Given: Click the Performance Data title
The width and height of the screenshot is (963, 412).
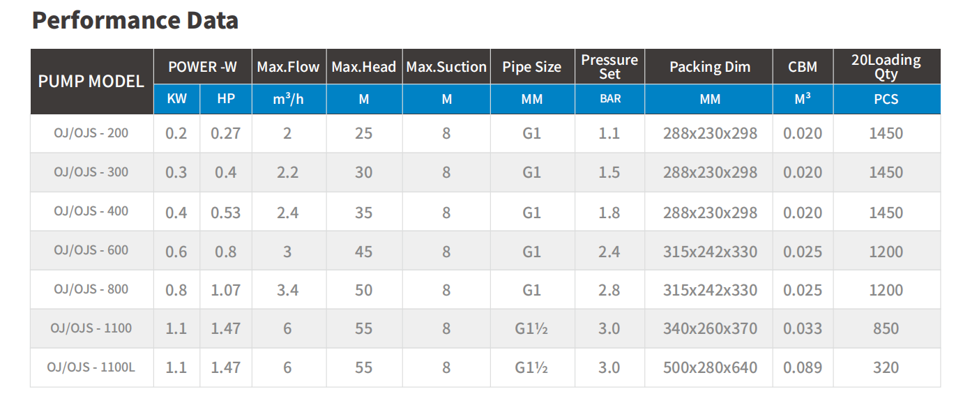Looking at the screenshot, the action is tap(135, 20).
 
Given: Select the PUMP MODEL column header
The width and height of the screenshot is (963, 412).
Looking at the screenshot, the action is tap(91, 81).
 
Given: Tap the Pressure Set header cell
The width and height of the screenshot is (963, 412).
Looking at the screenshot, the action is tap(609, 67).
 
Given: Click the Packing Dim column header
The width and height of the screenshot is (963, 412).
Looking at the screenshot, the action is tap(710, 67).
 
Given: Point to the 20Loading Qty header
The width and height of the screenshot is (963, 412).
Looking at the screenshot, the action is tap(886, 67).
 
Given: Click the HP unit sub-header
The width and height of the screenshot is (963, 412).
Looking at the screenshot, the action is tap(226, 99).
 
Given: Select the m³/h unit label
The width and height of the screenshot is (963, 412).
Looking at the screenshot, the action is tap(288, 99).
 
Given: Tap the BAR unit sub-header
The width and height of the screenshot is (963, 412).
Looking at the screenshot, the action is tap(610, 99).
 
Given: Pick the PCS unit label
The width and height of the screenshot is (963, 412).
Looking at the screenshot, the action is tap(886, 99).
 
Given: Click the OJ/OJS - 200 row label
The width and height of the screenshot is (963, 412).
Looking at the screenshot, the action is tap(91, 133).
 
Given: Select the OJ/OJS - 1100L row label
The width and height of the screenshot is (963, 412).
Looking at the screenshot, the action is tap(91, 367).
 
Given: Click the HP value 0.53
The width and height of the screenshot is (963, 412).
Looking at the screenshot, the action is tap(226, 213).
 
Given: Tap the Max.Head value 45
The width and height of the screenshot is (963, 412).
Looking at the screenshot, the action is tap(364, 252).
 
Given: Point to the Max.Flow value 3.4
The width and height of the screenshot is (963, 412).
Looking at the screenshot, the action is tap(287, 291).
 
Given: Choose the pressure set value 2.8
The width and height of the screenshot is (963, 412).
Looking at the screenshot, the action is tap(609, 291).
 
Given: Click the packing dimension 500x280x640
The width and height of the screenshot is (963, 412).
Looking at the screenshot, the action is tap(710, 368).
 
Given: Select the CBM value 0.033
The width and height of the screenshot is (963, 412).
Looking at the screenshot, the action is tap(803, 328).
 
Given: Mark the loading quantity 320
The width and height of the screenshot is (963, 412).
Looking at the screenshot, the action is tap(886, 368).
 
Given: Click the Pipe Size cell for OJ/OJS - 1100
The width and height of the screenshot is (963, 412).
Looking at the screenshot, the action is tap(531, 328).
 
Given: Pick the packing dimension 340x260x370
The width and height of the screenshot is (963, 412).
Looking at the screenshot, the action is tap(710, 328).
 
